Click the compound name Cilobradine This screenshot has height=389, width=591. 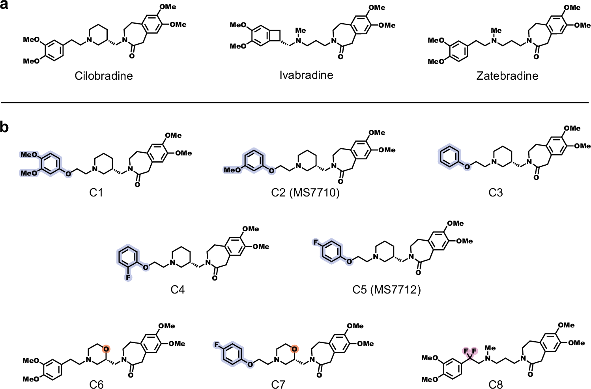[x=104, y=76]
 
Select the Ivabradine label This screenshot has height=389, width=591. [x=306, y=75]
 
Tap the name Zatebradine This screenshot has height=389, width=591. [x=507, y=76]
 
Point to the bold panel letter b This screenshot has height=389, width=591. [x=5, y=127]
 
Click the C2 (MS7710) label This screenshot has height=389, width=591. [x=305, y=193]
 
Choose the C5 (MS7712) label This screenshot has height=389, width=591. [x=386, y=290]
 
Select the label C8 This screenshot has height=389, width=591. [x=496, y=384]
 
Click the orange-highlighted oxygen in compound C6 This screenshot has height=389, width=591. [x=106, y=349]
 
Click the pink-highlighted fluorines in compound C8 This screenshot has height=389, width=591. [x=470, y=351]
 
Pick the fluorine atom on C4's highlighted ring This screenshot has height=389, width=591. [x=128, y=278]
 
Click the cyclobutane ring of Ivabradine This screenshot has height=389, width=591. [x=275, y=36]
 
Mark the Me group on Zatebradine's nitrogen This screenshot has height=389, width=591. [x=496, y=31]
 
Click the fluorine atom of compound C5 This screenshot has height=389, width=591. [x=316, y=242]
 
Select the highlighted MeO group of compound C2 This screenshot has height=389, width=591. [x=232, y=170]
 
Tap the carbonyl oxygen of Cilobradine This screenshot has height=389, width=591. [x=132, y=56]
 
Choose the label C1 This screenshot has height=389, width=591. [x=96, y=193]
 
